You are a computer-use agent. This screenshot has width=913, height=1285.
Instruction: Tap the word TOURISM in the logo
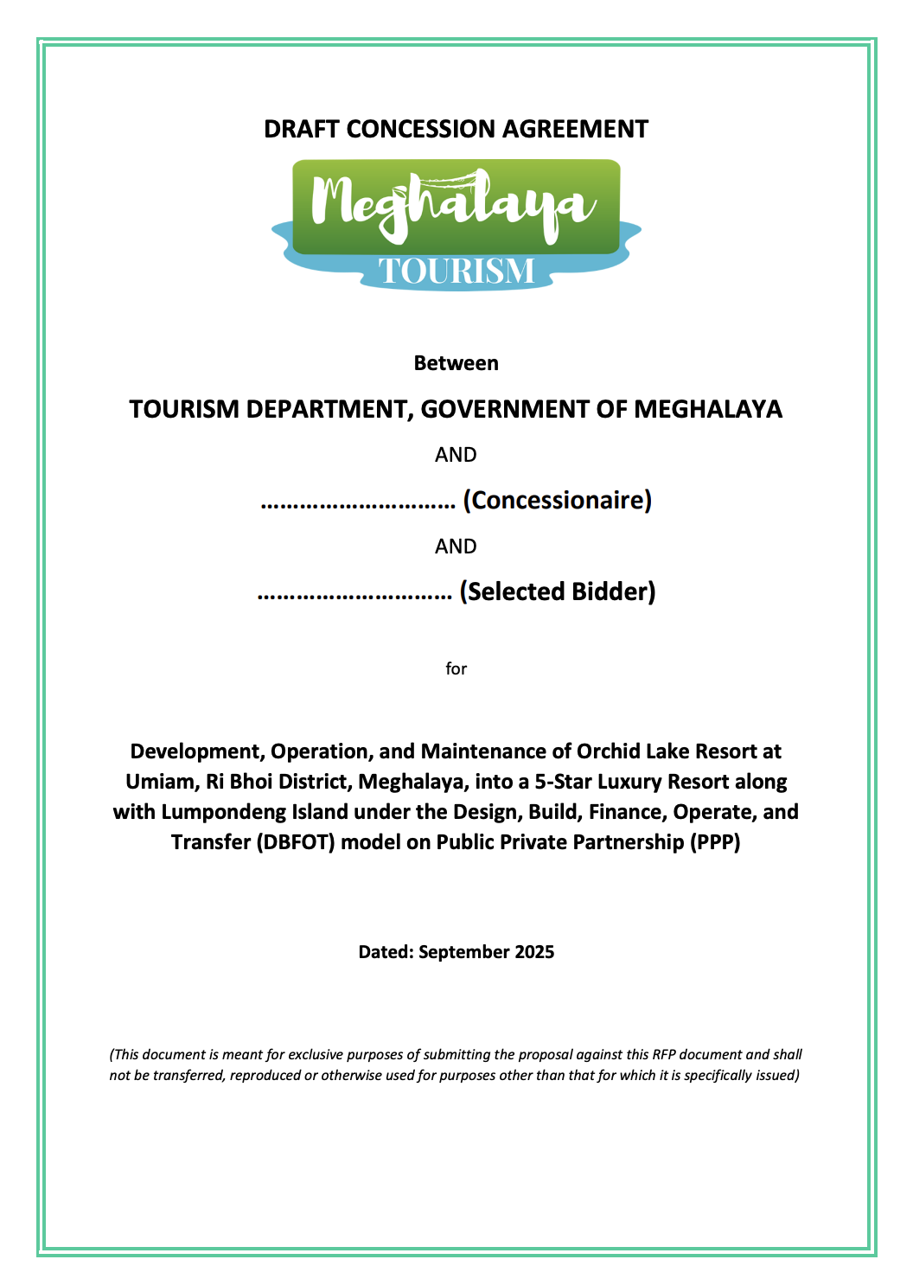[456, 271]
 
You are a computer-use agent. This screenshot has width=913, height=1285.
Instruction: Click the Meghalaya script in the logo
[455, 204]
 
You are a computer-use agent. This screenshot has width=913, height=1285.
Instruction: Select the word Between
[456, 363]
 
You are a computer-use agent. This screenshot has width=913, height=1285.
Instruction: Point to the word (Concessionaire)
[557, 501]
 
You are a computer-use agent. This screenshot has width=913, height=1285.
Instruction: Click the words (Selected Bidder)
[557, 592]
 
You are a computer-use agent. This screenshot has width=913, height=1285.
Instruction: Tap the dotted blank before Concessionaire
[358, 502]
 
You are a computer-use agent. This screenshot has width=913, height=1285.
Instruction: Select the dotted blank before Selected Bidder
[354, 594]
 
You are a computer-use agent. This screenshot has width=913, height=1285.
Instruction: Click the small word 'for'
[456, 668]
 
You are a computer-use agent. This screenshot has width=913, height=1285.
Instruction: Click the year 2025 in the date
[533, 952]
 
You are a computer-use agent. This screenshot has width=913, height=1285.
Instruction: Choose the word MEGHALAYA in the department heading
[707, 409]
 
